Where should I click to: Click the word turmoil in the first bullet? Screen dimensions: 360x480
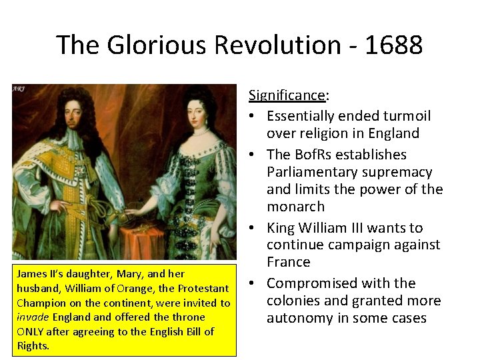coord(404,116)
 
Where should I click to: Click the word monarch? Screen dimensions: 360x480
coord(295,207)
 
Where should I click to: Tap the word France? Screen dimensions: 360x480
coord(288,262)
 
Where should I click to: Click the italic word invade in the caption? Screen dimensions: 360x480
coord(32,317)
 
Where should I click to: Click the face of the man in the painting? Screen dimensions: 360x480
coord(65,117)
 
